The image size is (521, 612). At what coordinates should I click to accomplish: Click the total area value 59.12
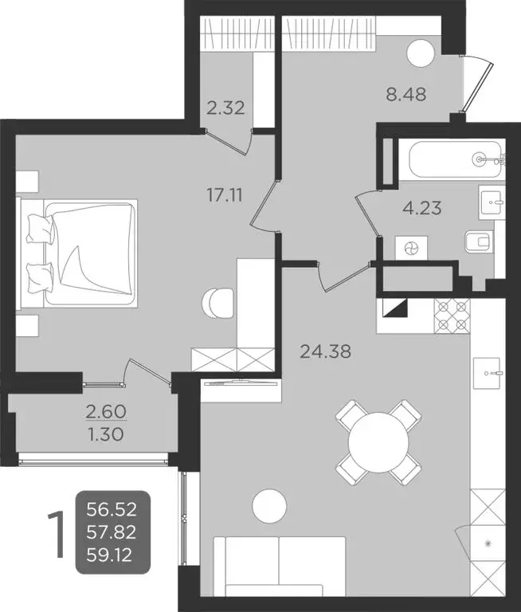(x=112, y=551)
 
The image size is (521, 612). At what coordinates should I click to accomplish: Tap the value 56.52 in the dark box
(x=112, y=508)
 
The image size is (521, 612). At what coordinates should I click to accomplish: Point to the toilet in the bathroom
(x=480, y=240)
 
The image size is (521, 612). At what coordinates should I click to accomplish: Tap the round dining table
(x=377, y=441)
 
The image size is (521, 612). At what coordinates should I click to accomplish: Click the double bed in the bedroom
(x=82, y=253)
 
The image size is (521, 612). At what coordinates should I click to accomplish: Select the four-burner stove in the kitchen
(x=453, y=316)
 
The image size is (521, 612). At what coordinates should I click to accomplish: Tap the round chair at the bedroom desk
(x=219, y=301)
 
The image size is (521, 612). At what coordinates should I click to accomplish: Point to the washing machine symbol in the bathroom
(x=411, y=248)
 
